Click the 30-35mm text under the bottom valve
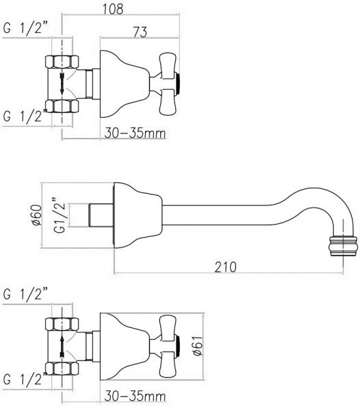[x=136, y=397]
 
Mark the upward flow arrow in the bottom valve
[x=62, y=345]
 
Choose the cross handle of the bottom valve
[x=168, y=345]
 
